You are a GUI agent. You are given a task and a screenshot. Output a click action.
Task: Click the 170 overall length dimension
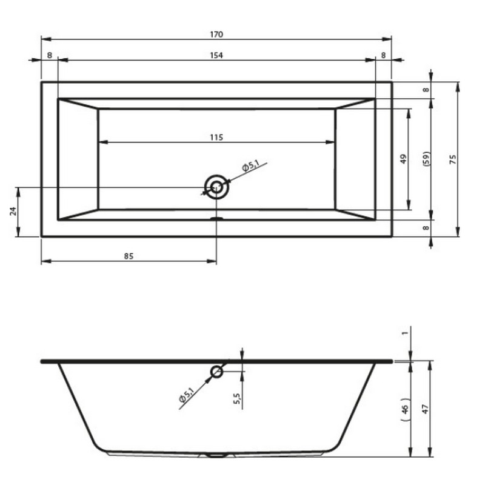pyautogui.click(x=216, y=35)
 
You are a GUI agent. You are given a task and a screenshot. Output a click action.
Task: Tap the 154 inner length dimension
pyautogui.click(x=216, y=55)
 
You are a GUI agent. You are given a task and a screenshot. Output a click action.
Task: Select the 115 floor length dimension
pyautogui.click(x=216, y=138)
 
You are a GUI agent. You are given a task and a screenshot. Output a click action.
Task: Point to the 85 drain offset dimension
pyautogui.click(x=129, y=256)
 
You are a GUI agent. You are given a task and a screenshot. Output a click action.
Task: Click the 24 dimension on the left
pyautogui.click(x=13, y=212)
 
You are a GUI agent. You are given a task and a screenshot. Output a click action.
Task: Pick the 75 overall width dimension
pyautogui.click(x=452, y=159)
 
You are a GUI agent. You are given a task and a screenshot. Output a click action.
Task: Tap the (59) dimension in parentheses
pyautogui.click(x=426, y=159)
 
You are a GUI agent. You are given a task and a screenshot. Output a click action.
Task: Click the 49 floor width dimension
pyautogui.click(x=403, y=159)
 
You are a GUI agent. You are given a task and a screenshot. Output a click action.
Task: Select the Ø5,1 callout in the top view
pyautogui.click(x=250, y=166)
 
